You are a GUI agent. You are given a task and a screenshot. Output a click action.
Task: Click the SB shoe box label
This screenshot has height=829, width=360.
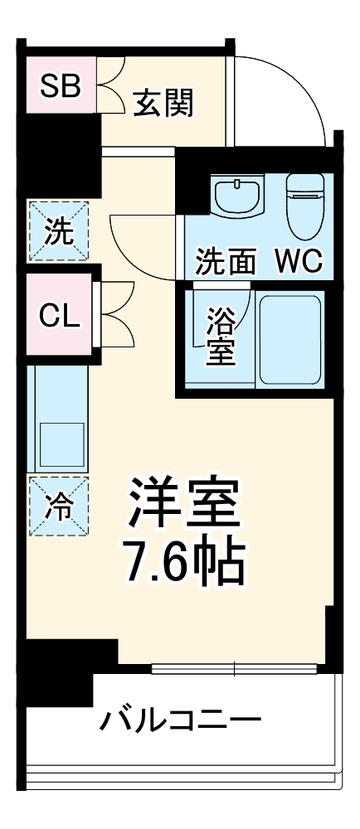[61, 86]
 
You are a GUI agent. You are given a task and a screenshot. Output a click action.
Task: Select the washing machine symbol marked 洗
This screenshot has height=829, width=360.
[57, 231]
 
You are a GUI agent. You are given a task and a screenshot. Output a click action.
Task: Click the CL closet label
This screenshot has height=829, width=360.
[61, 316]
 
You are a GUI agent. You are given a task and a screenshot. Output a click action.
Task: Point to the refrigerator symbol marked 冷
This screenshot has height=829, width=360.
[57, 505]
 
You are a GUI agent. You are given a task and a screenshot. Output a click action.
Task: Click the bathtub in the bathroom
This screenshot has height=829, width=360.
[289, 339]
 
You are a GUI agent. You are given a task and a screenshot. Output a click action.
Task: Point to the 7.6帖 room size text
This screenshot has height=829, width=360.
[183, 563]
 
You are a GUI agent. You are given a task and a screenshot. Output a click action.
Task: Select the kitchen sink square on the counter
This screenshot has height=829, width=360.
[62, 446]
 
